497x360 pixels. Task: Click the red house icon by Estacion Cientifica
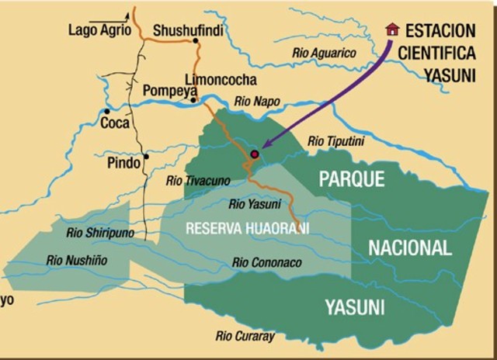point(393,29)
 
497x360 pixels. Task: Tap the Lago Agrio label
point(96,31)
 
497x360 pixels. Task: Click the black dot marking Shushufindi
point(194,43)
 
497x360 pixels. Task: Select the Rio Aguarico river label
point(325,53)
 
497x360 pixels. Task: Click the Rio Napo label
point(256,101)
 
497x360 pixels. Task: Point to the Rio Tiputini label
point(336,140)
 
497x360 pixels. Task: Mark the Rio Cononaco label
point(266,263)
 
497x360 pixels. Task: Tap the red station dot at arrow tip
point(254,154)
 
